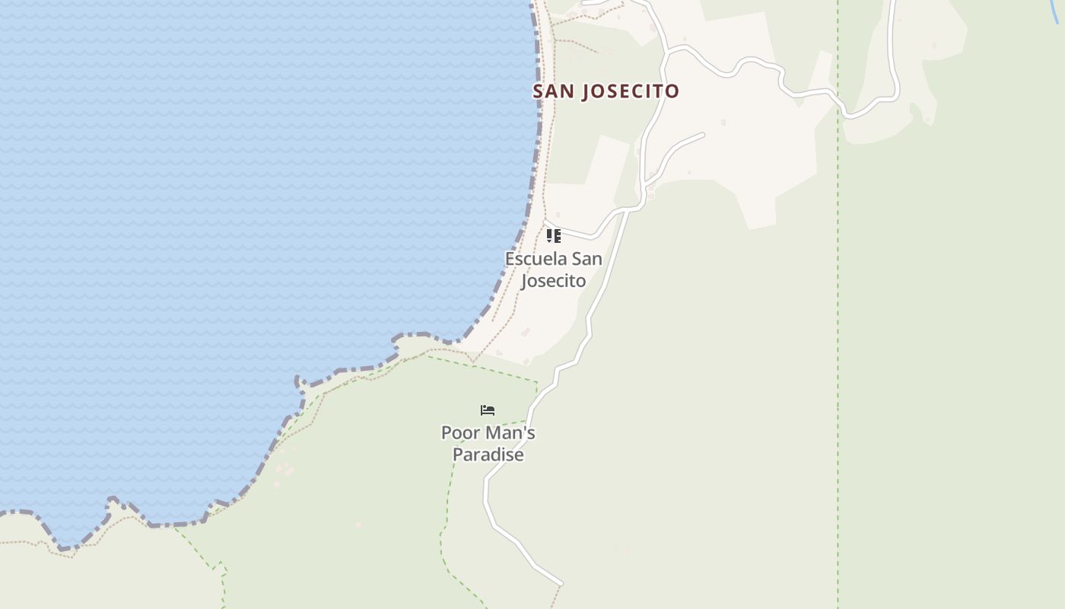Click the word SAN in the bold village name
pyautogui.click(x=554, y=91)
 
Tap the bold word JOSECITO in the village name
pyautogui.click(x=630, y=91)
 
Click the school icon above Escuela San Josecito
pyautogui.click(x=554, y=236)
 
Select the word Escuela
pyautogui.click(x=536, y=259)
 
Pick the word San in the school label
pyautogui.click(x=587, y=259)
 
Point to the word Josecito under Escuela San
pyautogui.click(x=554, y=281)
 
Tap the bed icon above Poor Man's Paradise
pyautogui.click(x=488, y=410)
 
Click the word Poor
pyautogui.click(x=459, y=433)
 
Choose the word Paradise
pyautogui.click(x=488, y=455)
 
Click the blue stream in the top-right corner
pyautogui.click(x=1055, y=11)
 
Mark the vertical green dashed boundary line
pyautogui.click(x=838, y=343)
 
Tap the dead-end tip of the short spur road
pyautogui.click(x=702, y=135)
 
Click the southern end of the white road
pyautogui.click(x=561, y=584)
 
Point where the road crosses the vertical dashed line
pyautogui.click(x=838, y=100)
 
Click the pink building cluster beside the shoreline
pyautogui.click(x=284, y=464)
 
